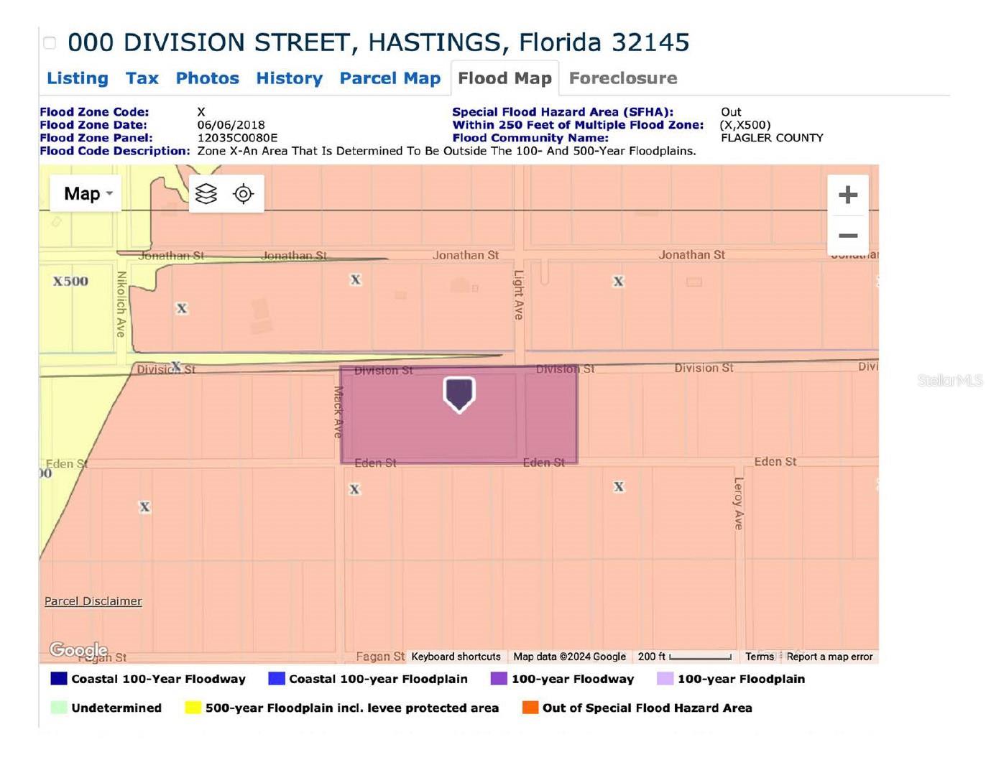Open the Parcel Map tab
point(390,78)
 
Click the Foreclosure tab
point(622,78)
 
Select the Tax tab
point(142,78)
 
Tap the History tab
point(289,78)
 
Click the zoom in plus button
point(847,195)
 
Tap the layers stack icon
point(206,194)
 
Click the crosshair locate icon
point(244,194)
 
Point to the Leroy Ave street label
point(738,503)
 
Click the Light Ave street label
point(518,295)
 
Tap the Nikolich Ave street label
point(121,303)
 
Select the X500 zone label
point(70,282)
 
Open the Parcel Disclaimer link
point(93,601)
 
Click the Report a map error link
point(829,657)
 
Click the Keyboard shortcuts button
point(456,657)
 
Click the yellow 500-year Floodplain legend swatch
point(192,708)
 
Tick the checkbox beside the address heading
point(50,43)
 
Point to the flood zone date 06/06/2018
point(231,125)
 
